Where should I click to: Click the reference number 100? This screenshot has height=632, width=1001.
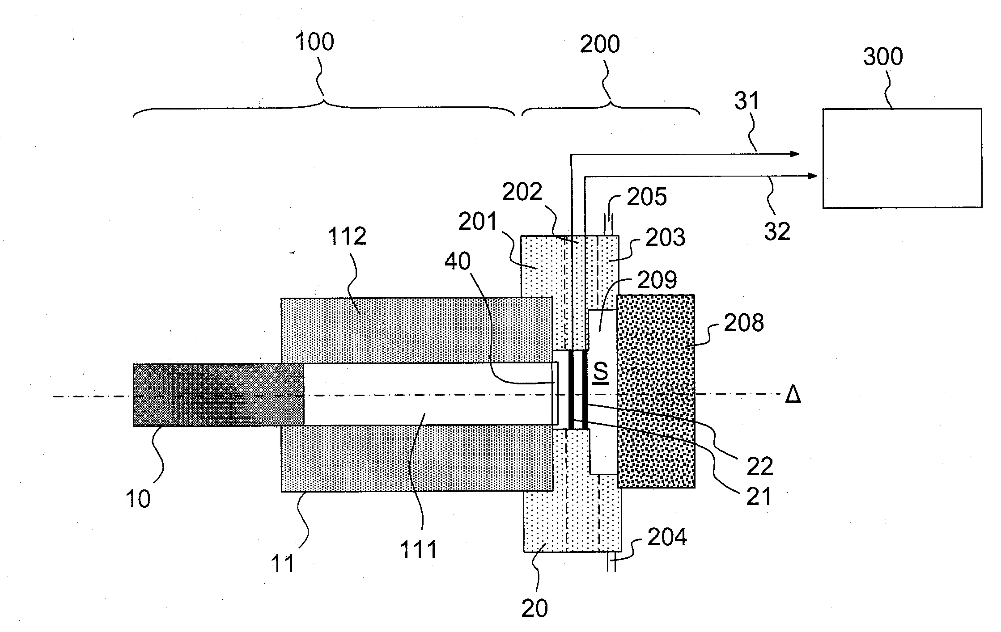pyautogui.click(x=314, y=42)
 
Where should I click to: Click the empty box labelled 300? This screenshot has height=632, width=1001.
pyautogui.click(x=902, y=158)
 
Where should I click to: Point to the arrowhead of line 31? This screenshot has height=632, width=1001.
pyautogui.click(x=795, y=154)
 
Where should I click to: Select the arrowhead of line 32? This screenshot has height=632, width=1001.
pyautogui.click(x=813, y=176)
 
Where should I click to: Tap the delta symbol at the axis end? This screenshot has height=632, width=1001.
pyautogui.click(x=793, y=395)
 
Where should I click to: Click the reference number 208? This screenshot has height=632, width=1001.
pyautogui.click(x=744, y=323)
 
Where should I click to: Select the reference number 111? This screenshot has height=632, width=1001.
pyautogui.click(x=418, y=550)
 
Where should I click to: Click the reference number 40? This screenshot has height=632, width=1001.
pyautogui.click(x=458, y=261)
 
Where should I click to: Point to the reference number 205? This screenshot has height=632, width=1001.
pyautogui.click(x=647, y=197)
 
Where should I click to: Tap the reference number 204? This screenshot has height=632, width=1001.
pyautogui.click(x=667, y=537)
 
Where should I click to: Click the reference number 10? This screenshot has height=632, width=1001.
pyautogui.click(x=138, y=499)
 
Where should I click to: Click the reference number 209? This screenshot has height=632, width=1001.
pyautogui.click(x=657, y=281)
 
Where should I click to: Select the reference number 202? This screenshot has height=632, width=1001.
pyautogui.click(x=522, y=192)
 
